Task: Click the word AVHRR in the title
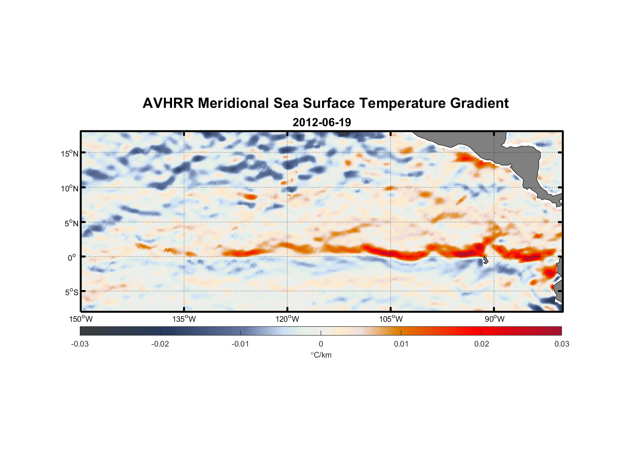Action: click(x=168, y=103)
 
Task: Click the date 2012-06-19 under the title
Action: click(x=322, y=123)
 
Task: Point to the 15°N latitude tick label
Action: click(x=70, y=153)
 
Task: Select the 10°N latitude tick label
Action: click(x=70, y=188)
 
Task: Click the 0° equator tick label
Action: click(x=72, y=257)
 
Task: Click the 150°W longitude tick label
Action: click(x=81, y=319)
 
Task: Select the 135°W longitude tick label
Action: click(x=184, y=319)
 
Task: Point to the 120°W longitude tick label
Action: click(x=287, y=319)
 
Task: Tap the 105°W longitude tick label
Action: click(x=391, y=319)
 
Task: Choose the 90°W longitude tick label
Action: click(x=494, y=319)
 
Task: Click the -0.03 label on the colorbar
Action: click(x=80, y=344)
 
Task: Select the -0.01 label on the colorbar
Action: click(x=240, y=344)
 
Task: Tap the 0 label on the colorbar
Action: click(x=321, y=344)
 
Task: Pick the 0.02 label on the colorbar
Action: click(x=482, y=344)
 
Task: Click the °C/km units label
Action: click(x=321, y=355)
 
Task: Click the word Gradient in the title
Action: click(x=479, y=103)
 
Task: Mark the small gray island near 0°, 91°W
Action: click(x=484, y=261)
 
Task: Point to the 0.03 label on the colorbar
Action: click(x=561, y=344)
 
